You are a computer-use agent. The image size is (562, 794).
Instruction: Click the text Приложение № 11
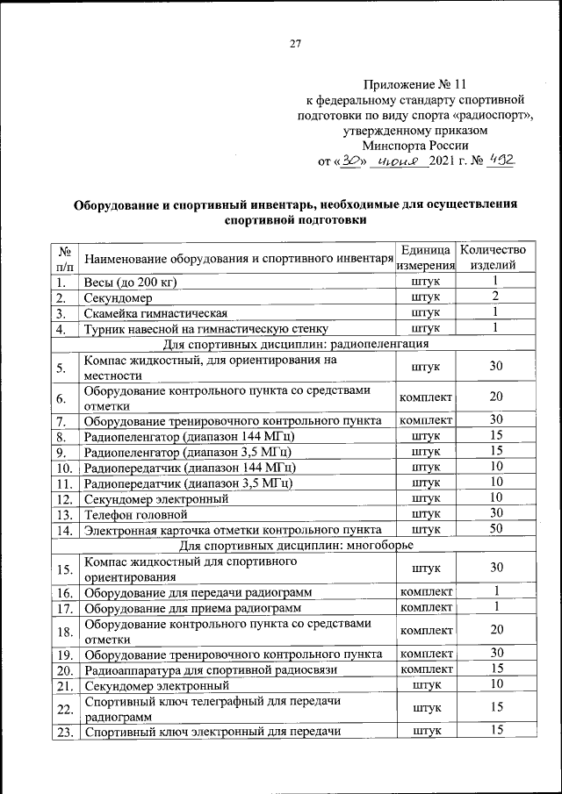[411, 86]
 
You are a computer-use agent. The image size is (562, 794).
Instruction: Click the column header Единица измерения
[425, 258]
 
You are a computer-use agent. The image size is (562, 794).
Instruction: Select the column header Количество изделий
[495, 258]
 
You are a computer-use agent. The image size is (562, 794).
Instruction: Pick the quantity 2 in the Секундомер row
[495, 297]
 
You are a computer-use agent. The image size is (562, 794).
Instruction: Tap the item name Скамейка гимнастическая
[155, 313]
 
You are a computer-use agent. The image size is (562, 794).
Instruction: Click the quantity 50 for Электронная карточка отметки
[495, 530]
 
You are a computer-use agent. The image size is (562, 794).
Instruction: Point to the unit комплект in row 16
[425, 592]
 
